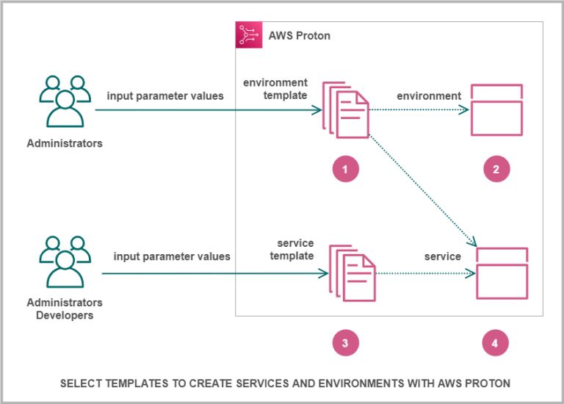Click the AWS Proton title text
pos(300,35)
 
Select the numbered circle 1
pos(345,169)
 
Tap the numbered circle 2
pos(496,169)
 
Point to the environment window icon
pos(496,110)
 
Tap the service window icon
pos(502,273)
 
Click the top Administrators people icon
pos(64,103)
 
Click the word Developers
pos(65,315)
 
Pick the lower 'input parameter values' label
pos(172,256)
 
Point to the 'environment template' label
pos(275,88)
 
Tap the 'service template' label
pos(295,250)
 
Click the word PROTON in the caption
pos(491,383)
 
